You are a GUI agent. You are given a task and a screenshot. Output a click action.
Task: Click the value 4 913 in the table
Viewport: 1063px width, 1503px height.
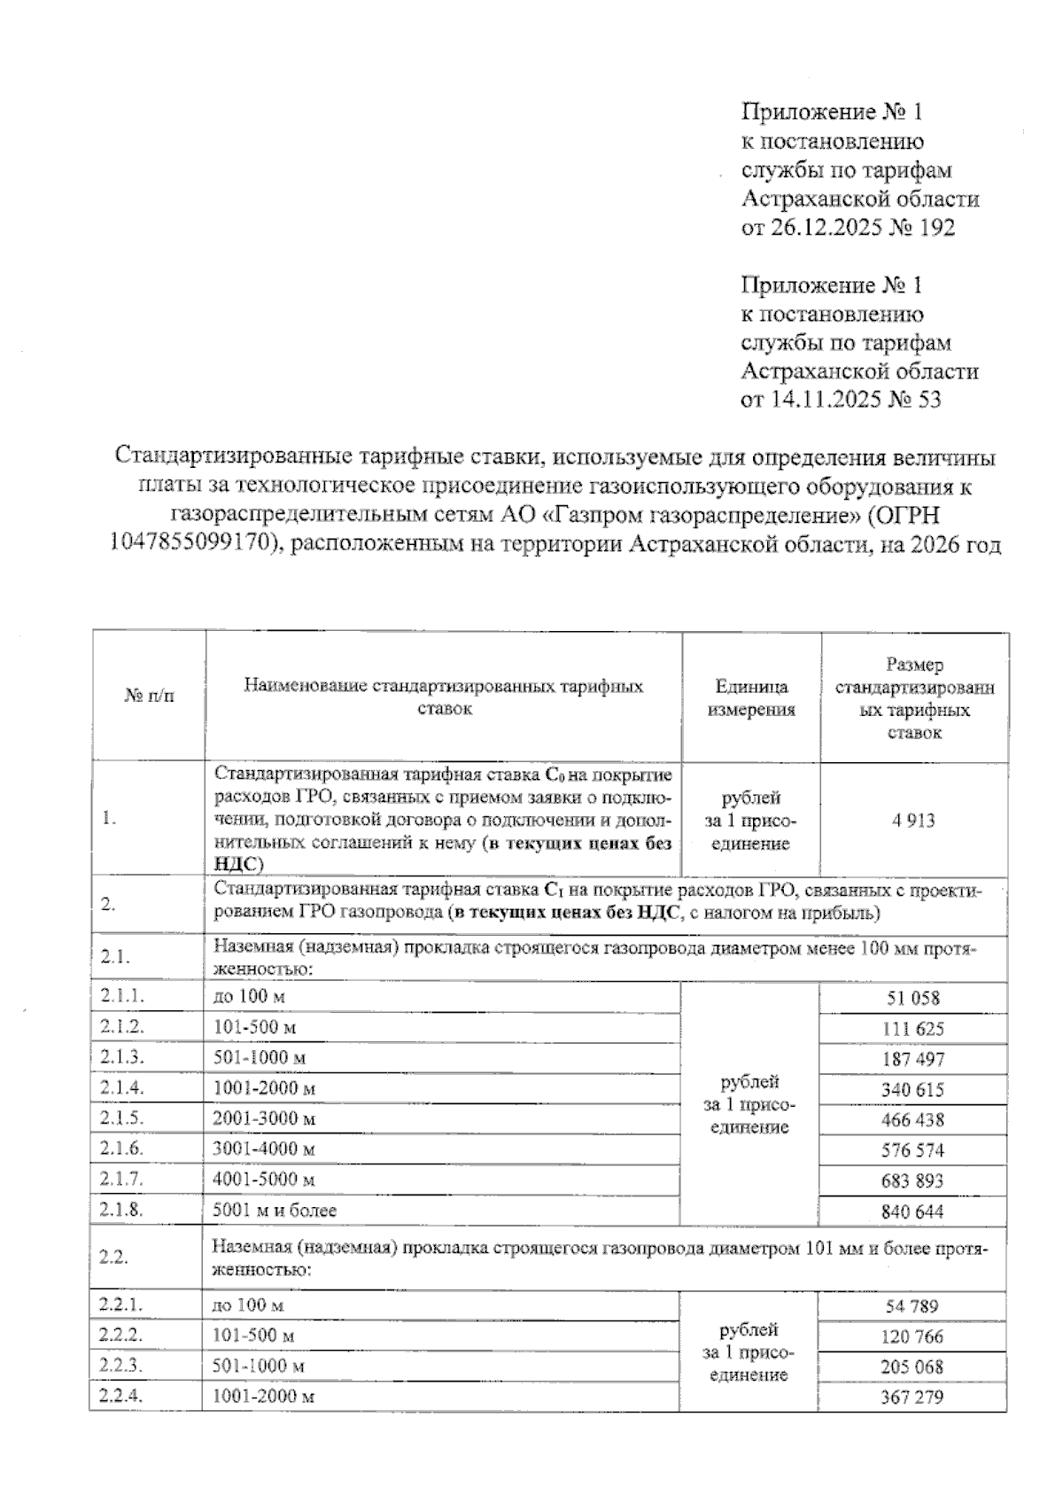[913, 820]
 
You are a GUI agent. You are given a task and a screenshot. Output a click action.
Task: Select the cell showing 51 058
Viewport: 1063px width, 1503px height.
[912, 998]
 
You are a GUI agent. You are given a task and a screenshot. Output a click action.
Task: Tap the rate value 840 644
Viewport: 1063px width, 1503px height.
[912, 1211]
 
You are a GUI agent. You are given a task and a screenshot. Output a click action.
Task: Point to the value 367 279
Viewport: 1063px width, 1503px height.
[912, 1397]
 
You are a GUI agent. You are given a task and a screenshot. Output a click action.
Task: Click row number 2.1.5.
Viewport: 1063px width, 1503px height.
[122, 1118]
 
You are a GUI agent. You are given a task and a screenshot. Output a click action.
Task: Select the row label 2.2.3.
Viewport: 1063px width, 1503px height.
[122, 1365]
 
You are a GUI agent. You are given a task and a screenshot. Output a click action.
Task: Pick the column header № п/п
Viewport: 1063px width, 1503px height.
[149, 696]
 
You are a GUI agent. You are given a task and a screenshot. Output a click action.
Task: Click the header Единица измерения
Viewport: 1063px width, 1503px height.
[751, 697]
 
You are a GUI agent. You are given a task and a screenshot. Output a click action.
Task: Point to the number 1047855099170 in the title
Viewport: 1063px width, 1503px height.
[189, 543]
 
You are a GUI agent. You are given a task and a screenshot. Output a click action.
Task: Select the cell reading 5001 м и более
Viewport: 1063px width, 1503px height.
[275, 1210]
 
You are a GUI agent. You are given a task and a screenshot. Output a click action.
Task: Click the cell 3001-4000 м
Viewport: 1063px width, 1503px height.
[264, 1149]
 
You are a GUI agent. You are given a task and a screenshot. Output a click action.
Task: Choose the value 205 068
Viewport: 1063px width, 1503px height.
[912, 1367]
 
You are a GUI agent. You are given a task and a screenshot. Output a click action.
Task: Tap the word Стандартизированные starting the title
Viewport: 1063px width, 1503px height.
[233, 457]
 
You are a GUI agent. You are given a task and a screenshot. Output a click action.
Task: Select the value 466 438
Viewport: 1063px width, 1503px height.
[912, 1119]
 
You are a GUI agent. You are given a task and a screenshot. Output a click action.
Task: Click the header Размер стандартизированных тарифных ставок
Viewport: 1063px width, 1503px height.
[914, 697]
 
